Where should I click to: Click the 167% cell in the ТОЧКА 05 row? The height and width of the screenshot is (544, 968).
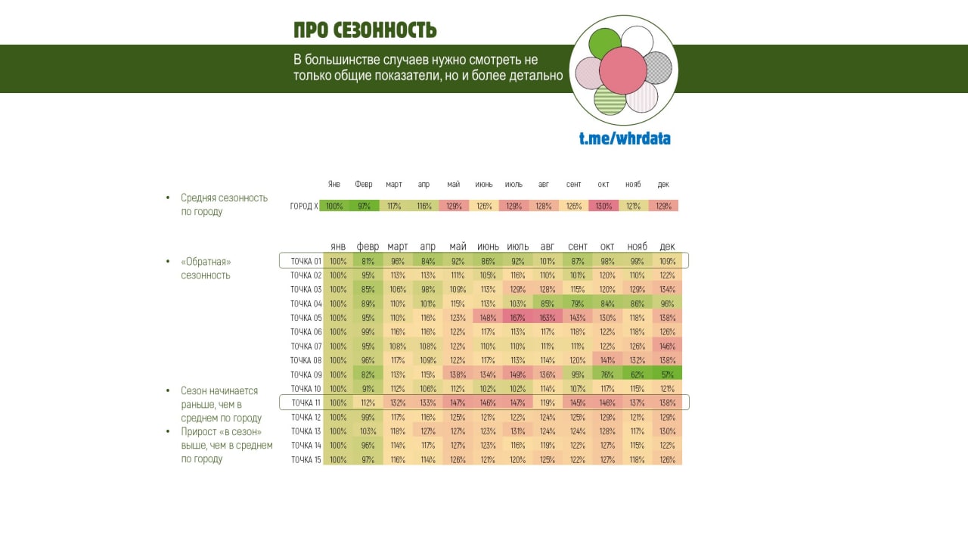pyautogui.click(x=517, y=318)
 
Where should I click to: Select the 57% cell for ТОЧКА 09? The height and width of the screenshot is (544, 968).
pyautogui.click(x=667, y=375)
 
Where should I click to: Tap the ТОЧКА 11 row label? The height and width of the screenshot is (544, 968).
pyautogui.click(x=306, y=403)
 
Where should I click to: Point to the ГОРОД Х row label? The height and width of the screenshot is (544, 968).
pyautogui.click(x=304, y=206)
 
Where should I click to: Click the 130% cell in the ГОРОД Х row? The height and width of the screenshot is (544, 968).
pyautogui.click(x=603, y=206)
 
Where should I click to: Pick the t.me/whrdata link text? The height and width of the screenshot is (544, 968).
pyautogui.click(x=625, y=138)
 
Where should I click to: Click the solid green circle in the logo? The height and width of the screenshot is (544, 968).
pyautogui.click(x=604, y=43)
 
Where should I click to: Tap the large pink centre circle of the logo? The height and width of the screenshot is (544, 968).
pyautogui.click(x=623, y=70)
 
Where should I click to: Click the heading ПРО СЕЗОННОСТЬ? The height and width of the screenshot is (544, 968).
pyautogui.click(x=365, y=30)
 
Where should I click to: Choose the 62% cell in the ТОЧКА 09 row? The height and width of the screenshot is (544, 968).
pyautogui.click(x=637, y=375)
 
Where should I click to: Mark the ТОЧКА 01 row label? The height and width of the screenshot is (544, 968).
pyautogui.click(x=306, y=261)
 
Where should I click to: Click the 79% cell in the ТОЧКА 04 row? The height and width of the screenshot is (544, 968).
pyautogui.click(x=577, y=304)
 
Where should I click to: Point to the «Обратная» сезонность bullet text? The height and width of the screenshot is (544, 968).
pyautogui.click(x=206, y=269)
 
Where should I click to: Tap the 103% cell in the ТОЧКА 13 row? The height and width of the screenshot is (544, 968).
pyautogui.click(x=368, y=431)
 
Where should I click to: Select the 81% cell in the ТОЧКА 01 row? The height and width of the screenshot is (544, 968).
pyautogui.click(x=368, y=261)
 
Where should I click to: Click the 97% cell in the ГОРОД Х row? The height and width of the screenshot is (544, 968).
pyautogui.click(x=364, y=206)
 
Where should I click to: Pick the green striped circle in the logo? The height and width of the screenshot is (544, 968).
pyautogui.click(x=610, y=99)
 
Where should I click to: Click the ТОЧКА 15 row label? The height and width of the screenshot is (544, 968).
pyautogui.click(x=306, y=459)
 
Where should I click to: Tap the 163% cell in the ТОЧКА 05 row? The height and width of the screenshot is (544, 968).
pyautogui.click(x=547, y=318)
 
